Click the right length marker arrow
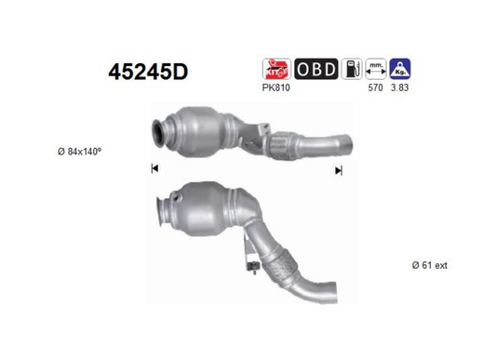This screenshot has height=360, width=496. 339,170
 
